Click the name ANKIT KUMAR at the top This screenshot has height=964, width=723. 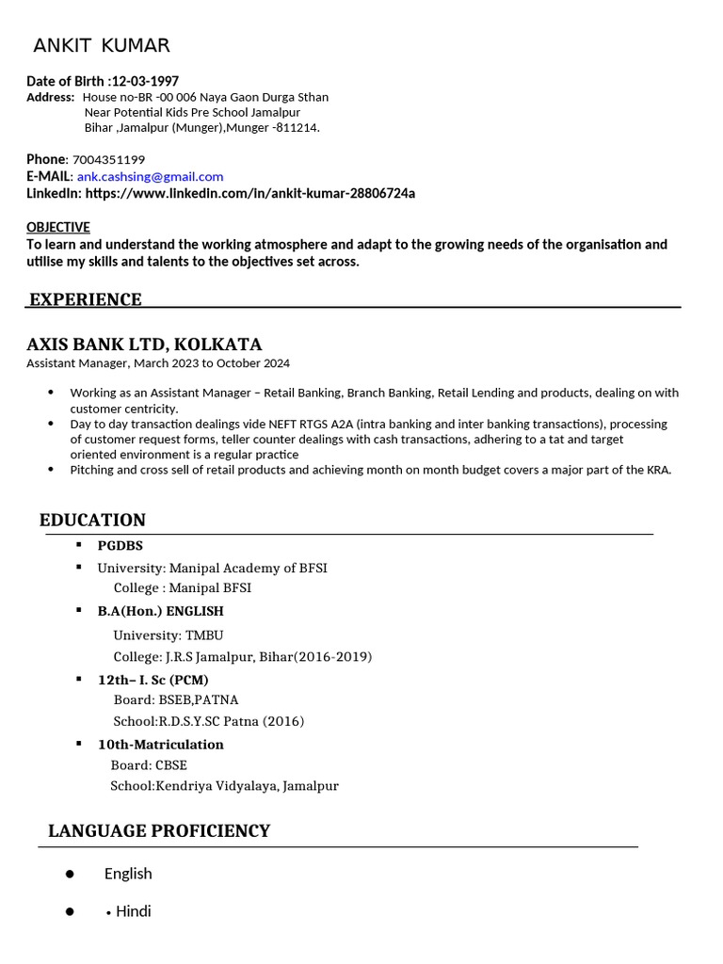pos(102,46)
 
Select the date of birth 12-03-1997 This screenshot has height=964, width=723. pos(145,81)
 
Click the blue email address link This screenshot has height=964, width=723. pos(150,176)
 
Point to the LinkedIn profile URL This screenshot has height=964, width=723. pos(249,193)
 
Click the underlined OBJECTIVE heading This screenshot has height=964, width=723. pos(58,227)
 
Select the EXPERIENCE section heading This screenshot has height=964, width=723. pos(86,299)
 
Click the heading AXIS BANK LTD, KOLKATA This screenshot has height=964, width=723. pos(144,344)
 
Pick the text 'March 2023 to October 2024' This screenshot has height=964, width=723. pos(212,362)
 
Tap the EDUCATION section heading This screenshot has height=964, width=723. pos(92,520)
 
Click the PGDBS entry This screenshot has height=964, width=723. pos(120,545)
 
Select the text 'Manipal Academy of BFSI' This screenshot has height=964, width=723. pos(249,568)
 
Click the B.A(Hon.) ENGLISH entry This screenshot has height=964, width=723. pos(161,611)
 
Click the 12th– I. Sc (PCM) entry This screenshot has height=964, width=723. pos(153,680)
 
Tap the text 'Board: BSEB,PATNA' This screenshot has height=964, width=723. pos(175,699)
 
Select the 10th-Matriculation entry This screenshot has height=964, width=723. pos(161,744)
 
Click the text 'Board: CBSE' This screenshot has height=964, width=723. pos(149,764)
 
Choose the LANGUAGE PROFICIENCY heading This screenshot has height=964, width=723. pos(159,830)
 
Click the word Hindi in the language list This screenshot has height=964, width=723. pos(133,911)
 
